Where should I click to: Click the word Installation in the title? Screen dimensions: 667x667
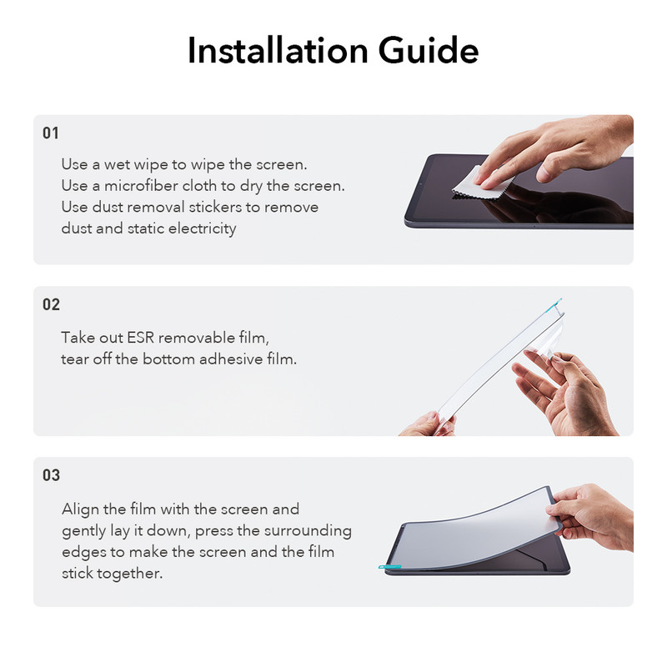pyautogui.click(x=278, y=50)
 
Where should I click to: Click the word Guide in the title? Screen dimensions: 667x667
pyautogui.click(x=429, y=50)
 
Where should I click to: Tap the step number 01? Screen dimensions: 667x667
pyautogui.click(x=51, y=133)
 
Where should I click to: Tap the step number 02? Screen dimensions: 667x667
pyautogui.click(x=51, y=304)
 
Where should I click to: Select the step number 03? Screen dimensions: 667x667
pyautogui.click(x=51, y=474)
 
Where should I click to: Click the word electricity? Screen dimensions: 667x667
pyautogui.click(x=202, y=228)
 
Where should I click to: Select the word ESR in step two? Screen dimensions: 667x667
pyautogui.click(x=140, y=338)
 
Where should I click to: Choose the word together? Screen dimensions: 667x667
pyautogui.click(x=129, y=574)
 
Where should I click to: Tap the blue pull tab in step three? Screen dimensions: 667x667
pyautogui.click(x=389, y=567)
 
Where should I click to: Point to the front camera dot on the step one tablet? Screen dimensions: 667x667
pyautogui.click(x=419, y=184)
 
